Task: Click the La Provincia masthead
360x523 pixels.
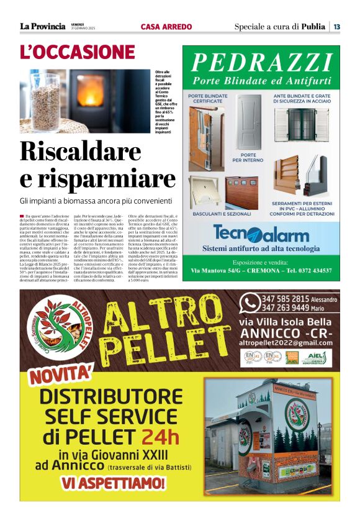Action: [42, 26]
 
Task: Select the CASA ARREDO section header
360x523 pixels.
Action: [166, 27]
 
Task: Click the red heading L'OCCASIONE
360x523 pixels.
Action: [77, 52]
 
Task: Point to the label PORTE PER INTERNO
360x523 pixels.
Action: [248, 158]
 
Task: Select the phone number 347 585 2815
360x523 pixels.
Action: [285, 299]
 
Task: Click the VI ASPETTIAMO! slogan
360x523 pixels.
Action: [113, 482]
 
